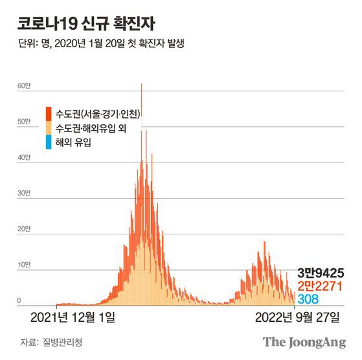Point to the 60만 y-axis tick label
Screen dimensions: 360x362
click(x=23, y=86)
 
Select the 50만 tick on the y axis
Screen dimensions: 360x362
click(x=23, y=122)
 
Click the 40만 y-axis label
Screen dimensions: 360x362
click(x=23, y=157)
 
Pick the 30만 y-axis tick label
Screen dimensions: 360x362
click(x=23, y=194)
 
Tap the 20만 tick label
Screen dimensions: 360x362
click(x=23, y=229)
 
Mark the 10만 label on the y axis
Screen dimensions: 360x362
click(x=23, y=265)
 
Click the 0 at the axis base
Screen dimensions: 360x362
click(x=19, y=300)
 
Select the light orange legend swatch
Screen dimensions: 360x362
click(x=49, y=128)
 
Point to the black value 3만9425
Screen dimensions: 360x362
click(x=320, y=273)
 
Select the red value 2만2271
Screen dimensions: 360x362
click(x=320, y=286)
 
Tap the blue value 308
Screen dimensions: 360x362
click(x=308, y=298)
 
